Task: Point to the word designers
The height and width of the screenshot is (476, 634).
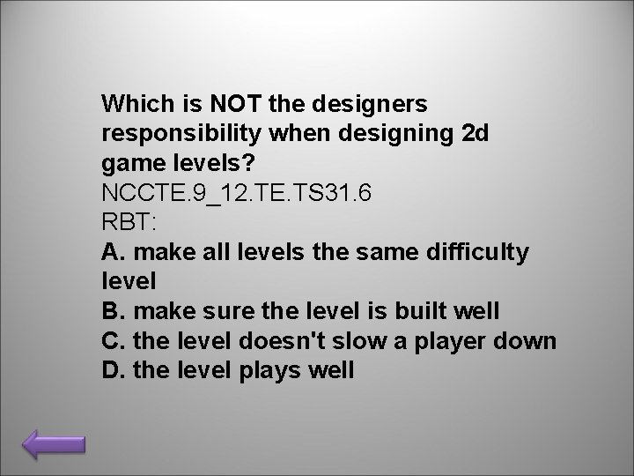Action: click(370, 105)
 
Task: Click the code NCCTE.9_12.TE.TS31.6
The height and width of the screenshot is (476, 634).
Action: click(236, 193)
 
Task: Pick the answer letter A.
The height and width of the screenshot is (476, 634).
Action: click(111, 253)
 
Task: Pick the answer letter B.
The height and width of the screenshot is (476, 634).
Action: click(111, 312)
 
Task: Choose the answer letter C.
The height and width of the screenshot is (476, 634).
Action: click(112, 341)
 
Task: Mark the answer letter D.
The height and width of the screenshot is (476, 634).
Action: click(112, 371)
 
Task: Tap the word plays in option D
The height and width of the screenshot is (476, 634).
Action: click(269, 371)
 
